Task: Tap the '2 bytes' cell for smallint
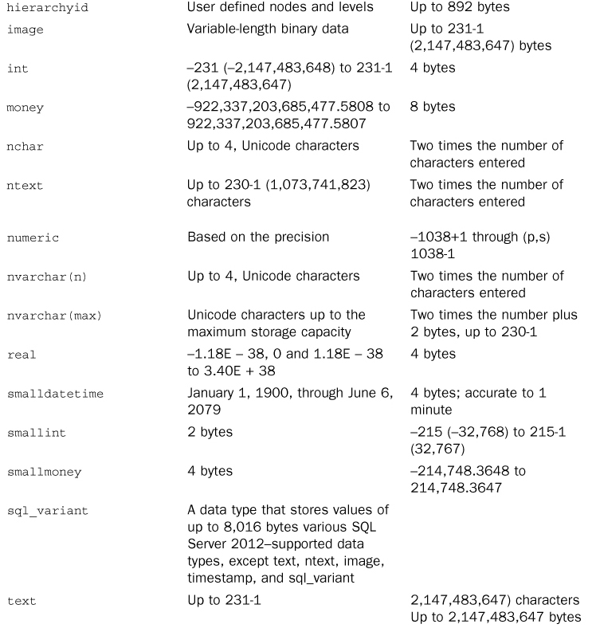(x=210, y=433)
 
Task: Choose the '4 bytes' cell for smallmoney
(x=210, y=472)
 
